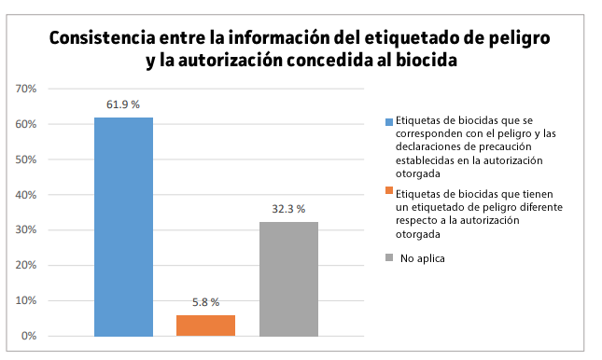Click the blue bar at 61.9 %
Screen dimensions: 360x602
(123, 227)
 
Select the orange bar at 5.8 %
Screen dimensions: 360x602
(205, 325)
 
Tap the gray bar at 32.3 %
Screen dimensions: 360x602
(288, 279)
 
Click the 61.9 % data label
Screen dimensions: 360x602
(123, 105)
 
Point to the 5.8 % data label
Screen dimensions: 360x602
(205, 303)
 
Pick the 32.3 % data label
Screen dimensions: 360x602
(288, 210)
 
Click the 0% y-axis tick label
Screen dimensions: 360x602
(28, 336)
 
